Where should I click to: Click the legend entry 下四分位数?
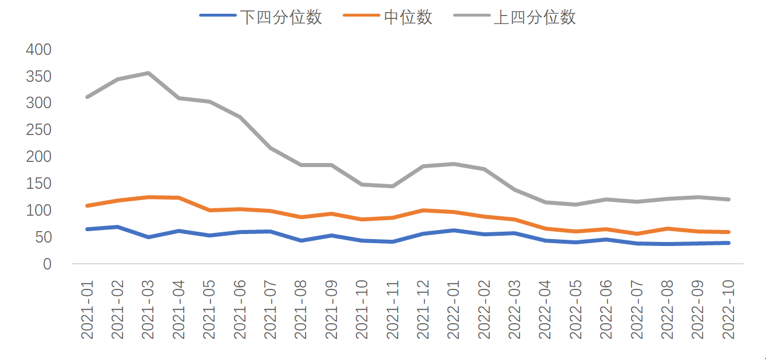point(280,17)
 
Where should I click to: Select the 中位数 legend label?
point(408,17)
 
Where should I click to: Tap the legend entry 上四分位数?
point(534,17)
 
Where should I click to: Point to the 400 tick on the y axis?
point(38,50)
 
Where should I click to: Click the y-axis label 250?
point(38,130)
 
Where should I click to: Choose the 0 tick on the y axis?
point(47,264)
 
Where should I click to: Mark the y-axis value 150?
point(38,184)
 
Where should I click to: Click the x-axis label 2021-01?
point(88,310)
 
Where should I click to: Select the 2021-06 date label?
point(240,310)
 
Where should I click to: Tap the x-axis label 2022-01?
point(454,310)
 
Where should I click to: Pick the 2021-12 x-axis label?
point(423,310)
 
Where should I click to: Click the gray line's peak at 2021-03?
point(148,73)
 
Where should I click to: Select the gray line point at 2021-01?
point(87,97)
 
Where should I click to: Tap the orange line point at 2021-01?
point(87,205)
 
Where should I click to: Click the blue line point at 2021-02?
point(118,227)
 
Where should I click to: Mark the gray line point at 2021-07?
point(271,148)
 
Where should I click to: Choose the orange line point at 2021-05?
point(209,210)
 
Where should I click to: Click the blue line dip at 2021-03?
point(148,237)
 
